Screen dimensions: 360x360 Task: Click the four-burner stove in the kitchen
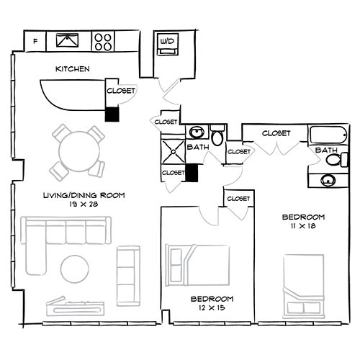pos(103,41)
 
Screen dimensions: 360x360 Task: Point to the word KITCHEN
pos(72,70)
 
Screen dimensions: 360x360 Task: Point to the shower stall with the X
pos(174,152)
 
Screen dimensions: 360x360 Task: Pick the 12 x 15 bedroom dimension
pos(212,308)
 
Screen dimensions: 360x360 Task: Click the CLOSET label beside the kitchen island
pos(121,91)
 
